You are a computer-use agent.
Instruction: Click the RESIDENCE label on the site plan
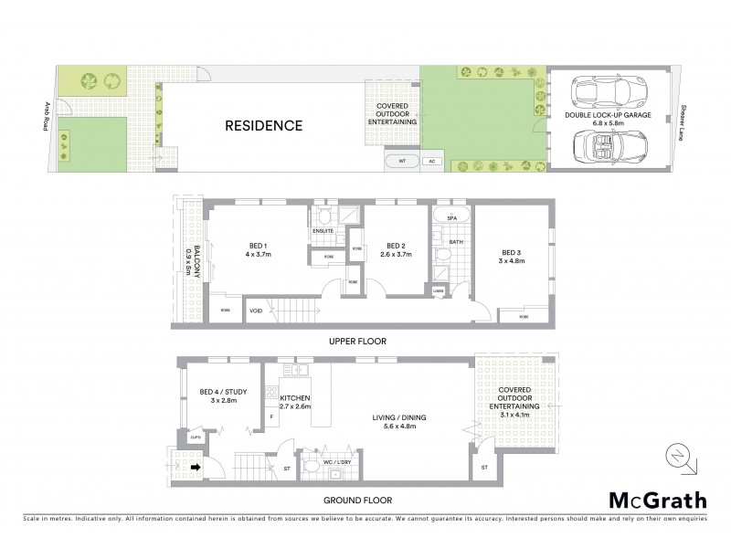tap(263, 126)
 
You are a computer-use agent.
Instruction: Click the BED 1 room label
tap(258, 249)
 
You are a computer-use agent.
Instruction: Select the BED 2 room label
tap(395, 249)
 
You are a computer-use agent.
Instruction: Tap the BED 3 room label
tap(510, 258)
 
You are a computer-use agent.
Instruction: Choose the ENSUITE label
tap(323, 231)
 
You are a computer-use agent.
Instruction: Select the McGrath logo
tap(657, 500)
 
